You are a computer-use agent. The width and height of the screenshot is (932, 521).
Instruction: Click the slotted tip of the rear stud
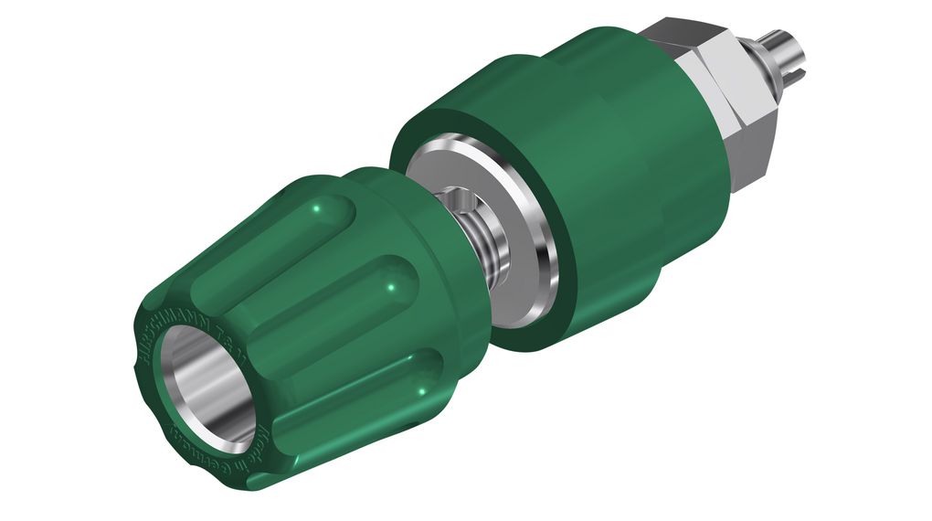point(795,43)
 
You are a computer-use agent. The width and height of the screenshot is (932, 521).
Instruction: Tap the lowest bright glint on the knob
point(422,391)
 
